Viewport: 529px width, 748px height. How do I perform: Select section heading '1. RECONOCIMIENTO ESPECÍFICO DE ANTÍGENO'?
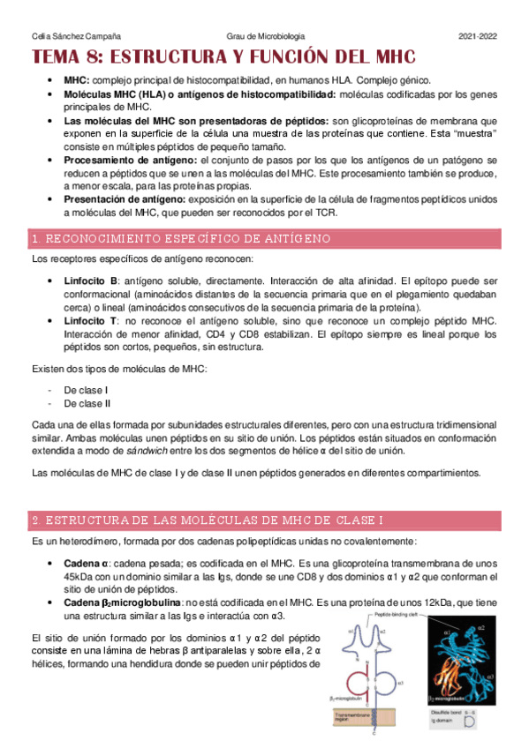point(180,239)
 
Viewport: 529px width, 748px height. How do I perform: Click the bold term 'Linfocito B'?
point(92,280)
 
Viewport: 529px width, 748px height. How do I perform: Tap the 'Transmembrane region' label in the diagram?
point(351,720)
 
